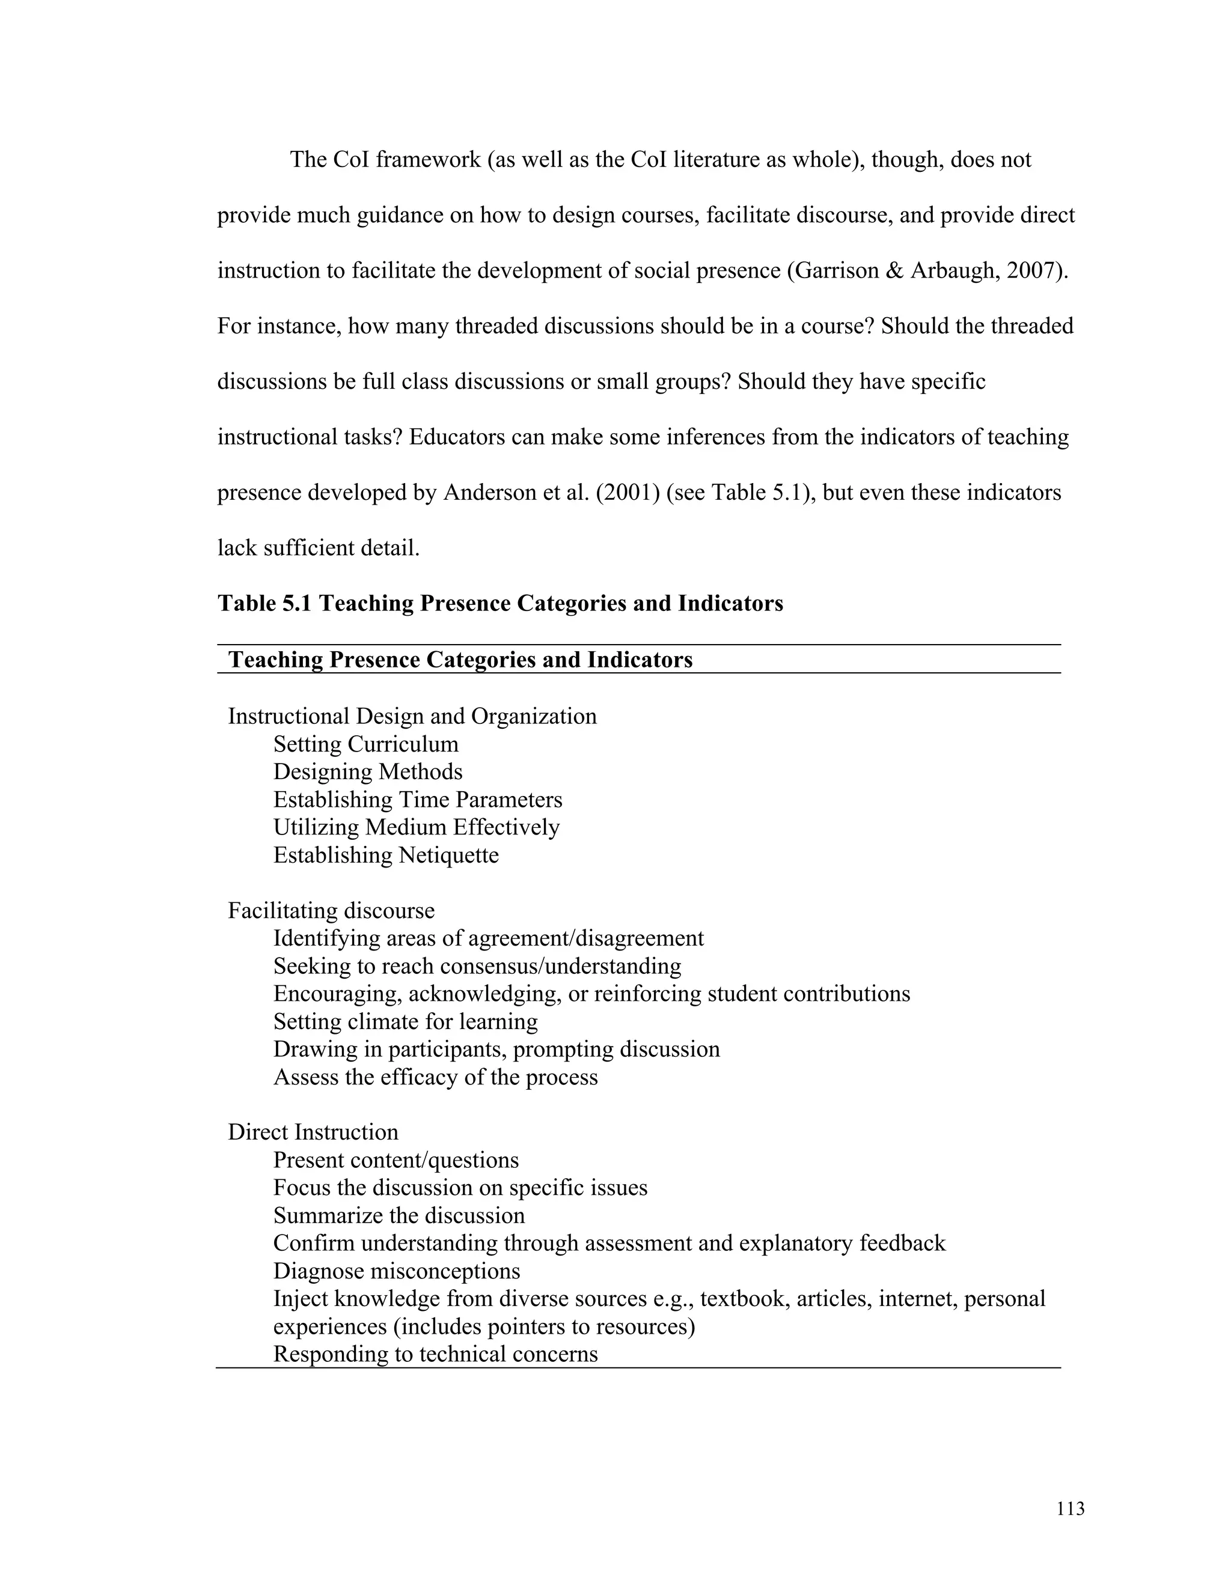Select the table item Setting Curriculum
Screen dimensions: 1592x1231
(365, 744)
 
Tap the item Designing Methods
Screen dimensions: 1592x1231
(367, 772)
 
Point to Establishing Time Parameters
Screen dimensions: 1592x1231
(417, 800)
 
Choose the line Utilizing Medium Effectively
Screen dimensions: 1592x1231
(416, 827)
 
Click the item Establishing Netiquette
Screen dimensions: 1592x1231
(386, 855)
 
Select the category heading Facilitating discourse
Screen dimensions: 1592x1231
(331, 910)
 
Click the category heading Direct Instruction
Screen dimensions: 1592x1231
(313, 1132)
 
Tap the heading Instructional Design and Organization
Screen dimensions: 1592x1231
(412, 717)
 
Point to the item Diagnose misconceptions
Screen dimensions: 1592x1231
(396, 1271)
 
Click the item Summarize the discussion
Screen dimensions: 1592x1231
(399, 1215)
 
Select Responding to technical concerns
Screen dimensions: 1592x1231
(435, 1354)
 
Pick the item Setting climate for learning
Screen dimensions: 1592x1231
(406, 1021)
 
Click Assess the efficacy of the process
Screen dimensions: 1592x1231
(435, 1077)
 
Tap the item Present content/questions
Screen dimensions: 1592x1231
(396, 1159)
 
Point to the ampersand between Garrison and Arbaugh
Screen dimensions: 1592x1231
(894, 270)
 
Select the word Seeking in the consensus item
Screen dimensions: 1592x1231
(304, 967)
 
